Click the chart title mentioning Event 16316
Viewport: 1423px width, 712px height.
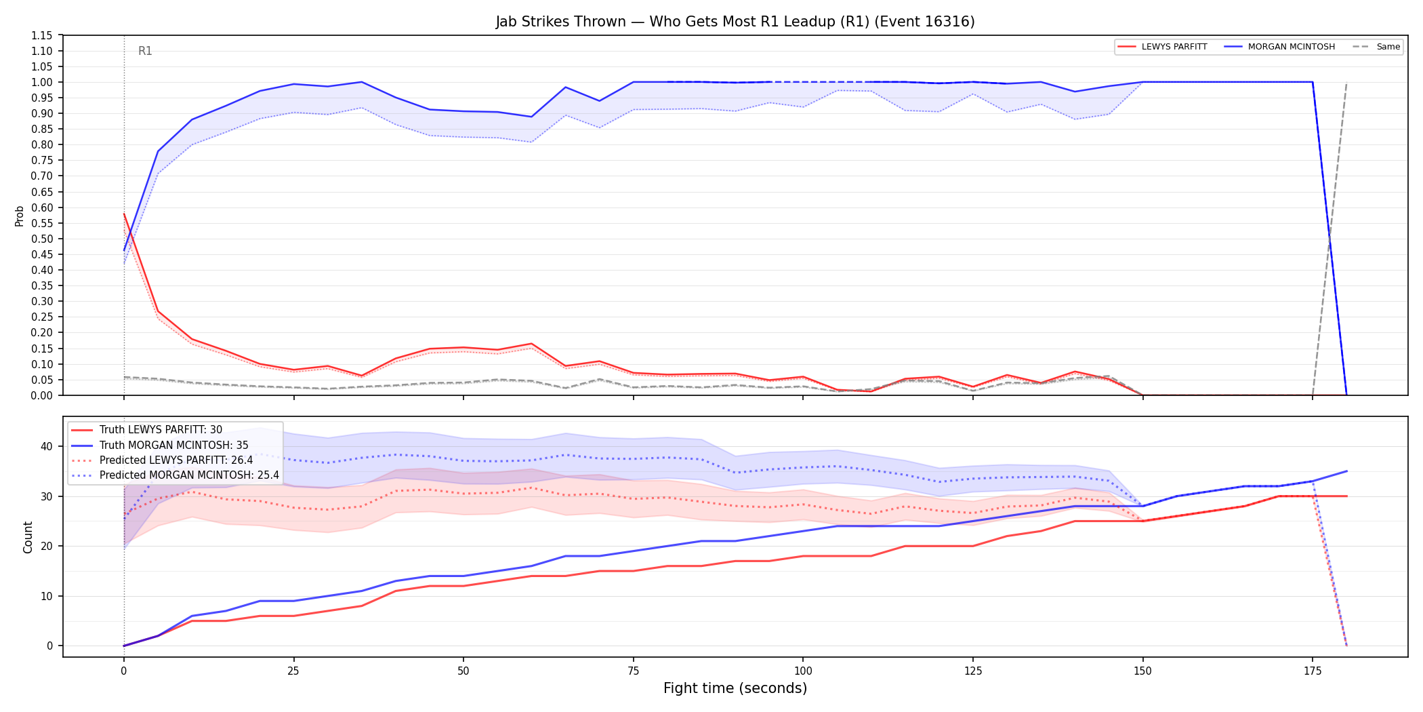click(735, 22)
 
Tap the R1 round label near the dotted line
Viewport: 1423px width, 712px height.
click(145, 51)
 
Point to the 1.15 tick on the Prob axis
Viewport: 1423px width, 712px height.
click(42, 35)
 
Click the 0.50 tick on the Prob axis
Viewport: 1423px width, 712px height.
click(42, 239)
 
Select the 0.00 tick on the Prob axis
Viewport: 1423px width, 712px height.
click(42, 395)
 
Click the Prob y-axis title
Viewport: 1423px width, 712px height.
click(19, 216)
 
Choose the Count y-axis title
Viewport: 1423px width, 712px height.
click(28, 537)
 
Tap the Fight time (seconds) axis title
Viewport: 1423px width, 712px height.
click(735, 688)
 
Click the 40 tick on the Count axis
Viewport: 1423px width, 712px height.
click(47, 446)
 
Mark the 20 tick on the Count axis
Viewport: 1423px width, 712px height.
click(47, 546)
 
